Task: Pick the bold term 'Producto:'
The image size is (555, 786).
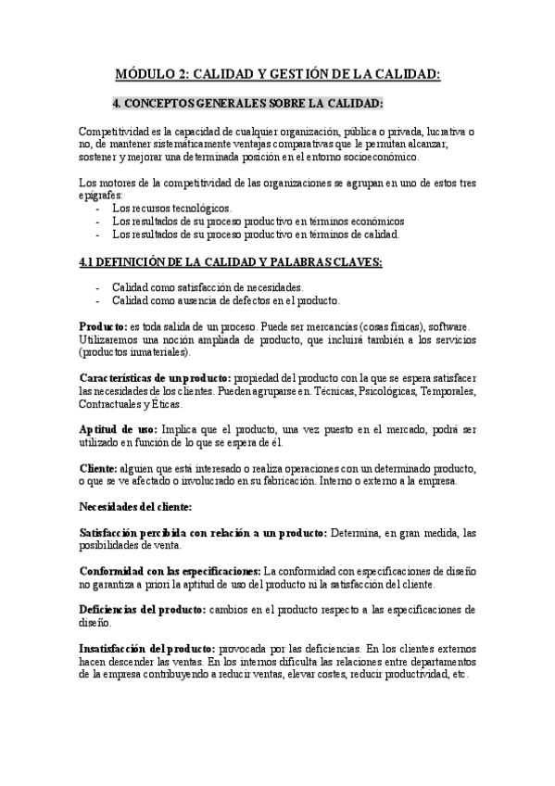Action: click(103, 326)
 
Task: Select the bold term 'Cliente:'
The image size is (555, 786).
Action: click(98, 469)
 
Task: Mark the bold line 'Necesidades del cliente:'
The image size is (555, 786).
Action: click(135, 507)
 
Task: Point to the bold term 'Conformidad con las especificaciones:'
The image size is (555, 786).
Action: click(170, 572)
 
